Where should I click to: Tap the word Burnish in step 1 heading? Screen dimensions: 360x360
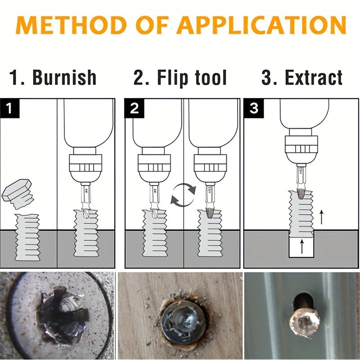click(x=64, y=77)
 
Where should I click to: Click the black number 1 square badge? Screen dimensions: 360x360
click(x=9, y=108)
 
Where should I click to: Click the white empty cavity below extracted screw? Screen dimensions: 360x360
click(x=302, y=247)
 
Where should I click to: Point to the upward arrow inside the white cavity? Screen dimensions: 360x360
click(x=302, y=246)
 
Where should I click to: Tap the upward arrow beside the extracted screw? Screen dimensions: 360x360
click(x=321, y=217)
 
